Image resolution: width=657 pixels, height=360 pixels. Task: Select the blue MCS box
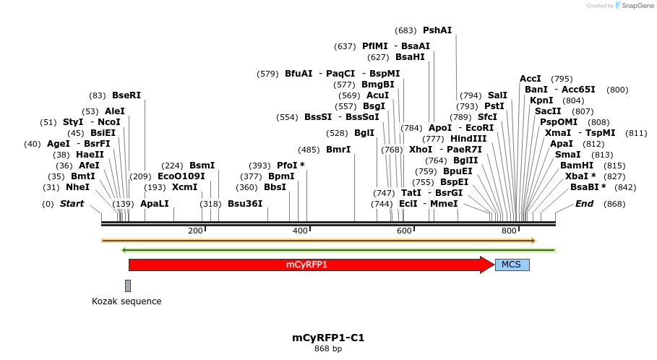tap(512, 265)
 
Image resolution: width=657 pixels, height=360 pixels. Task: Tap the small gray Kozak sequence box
tap(128, 286)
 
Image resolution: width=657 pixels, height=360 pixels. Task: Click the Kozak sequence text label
tap(126, 301)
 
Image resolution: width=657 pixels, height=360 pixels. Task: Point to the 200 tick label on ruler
tap(195, 231)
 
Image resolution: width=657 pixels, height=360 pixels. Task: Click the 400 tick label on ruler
tap(300, 231)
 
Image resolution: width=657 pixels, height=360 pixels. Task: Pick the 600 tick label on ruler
tap(404, 231)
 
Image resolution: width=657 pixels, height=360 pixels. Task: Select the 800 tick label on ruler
tap(509, 231)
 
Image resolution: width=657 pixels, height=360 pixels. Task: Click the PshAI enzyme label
tap(437, 30)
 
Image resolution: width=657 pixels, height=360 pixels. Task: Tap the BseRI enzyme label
tap(126, 95)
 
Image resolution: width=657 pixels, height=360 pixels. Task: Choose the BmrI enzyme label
tap(338, 150)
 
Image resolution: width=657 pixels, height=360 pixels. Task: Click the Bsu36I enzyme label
tap(245, 204)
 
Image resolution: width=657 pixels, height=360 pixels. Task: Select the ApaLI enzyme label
tap(155, 204)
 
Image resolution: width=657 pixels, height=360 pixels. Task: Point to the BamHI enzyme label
tap(577, 165)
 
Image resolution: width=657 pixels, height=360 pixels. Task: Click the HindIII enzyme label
tap(468, 138)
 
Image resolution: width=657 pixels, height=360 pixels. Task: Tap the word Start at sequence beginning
tap(72, 204)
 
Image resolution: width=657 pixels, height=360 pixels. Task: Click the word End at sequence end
tap(584, 204)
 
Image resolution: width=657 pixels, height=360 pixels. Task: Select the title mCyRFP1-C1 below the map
tap(328, 338)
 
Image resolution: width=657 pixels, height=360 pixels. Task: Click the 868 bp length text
tap(328, 349)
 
